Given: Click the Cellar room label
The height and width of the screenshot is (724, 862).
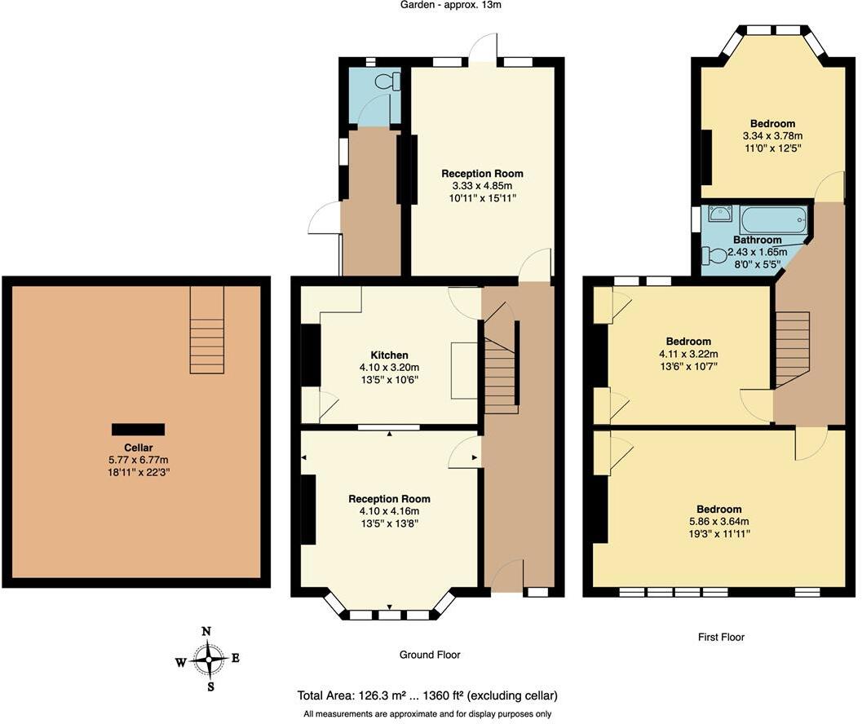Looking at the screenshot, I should pos(139,448).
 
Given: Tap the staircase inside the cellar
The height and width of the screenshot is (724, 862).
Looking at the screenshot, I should pos(207,330).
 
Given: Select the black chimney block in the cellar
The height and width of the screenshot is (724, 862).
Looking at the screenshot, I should pos(139,429).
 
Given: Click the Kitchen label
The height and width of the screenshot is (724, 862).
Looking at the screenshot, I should pos(389,355).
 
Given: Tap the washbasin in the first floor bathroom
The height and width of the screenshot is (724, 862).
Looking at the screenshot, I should pos(719,214).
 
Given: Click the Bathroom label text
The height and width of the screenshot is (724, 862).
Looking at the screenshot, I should pos(757,241).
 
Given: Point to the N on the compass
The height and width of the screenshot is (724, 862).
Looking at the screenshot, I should pos(207,631).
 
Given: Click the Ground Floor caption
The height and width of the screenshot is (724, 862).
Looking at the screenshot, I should pos(430,655).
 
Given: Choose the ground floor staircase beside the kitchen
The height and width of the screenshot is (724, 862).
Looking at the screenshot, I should pos(501,367).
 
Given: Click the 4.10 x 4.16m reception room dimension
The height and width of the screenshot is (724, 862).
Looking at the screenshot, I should pos(389,511).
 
